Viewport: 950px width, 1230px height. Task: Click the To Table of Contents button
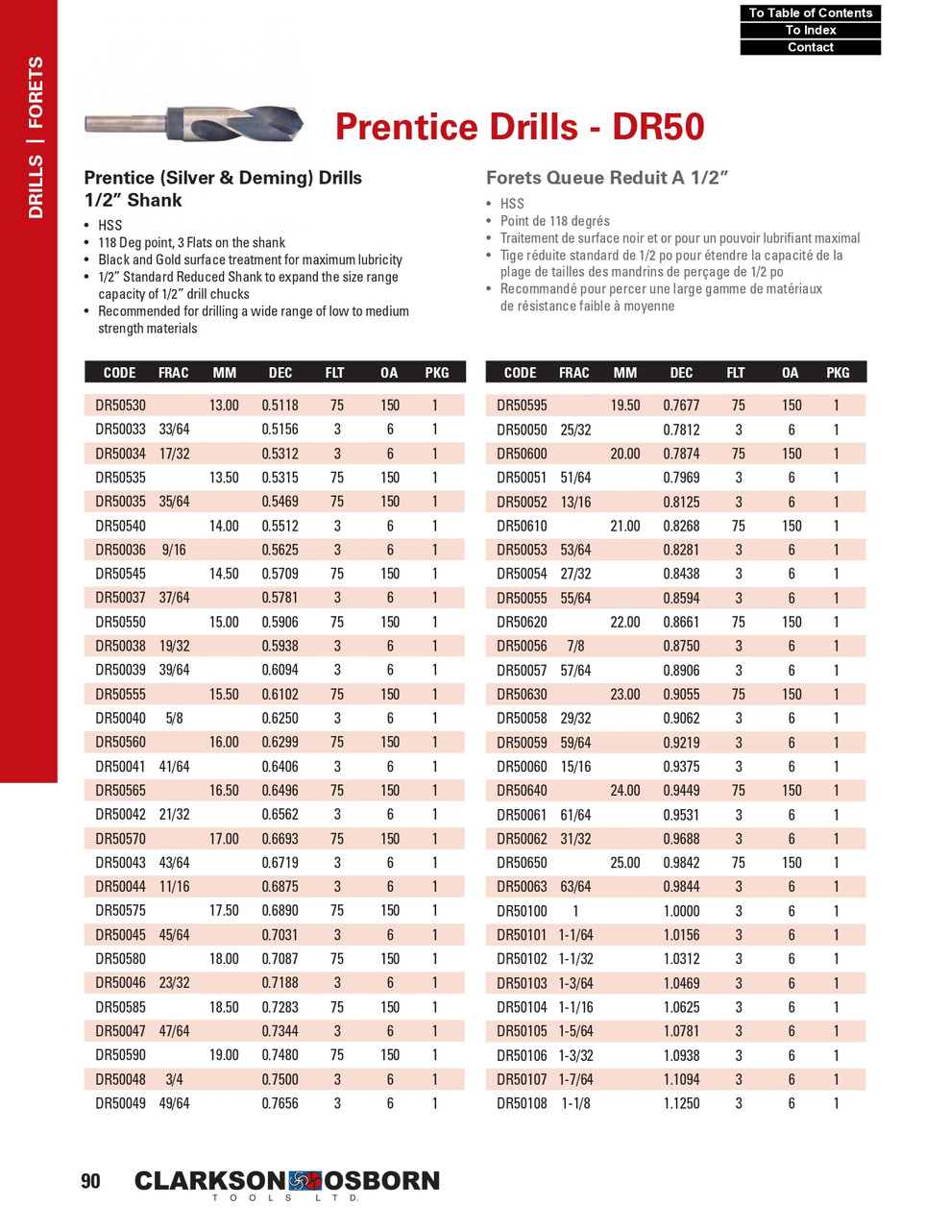[x=810, y=12]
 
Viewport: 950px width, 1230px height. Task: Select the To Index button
[x=810, y=30]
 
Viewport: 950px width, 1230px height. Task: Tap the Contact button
[x=810, y=47]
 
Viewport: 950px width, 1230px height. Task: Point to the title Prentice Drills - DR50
[x=520, y=127]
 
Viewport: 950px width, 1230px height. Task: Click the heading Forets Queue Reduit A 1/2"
[x=607, y=178]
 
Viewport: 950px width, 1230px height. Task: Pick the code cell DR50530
[x=121, y=406]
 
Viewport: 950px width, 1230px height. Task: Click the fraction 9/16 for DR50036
[x=174, y=550]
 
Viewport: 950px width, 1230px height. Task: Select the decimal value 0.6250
[x=280, y=718]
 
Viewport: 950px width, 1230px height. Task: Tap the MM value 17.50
[x=224, y=910]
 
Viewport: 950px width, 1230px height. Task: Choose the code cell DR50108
[x=522, y=1103]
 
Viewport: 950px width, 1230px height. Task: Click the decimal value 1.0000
[x=681, y=911]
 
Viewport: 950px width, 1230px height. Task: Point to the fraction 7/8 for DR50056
[x=575, y=646]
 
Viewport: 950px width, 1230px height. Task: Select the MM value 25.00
[x=625, y=862]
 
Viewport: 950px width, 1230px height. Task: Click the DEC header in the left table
[x=280, y=372]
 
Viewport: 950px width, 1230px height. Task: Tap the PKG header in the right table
[x=838, y=372]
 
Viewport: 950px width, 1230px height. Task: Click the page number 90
[x=90, y=1181]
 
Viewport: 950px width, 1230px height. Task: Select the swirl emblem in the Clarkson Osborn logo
[x=304, y=1180]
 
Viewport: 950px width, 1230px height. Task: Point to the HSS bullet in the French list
[x=512, y=204]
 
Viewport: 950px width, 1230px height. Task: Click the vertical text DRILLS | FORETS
[x=36, y=136]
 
